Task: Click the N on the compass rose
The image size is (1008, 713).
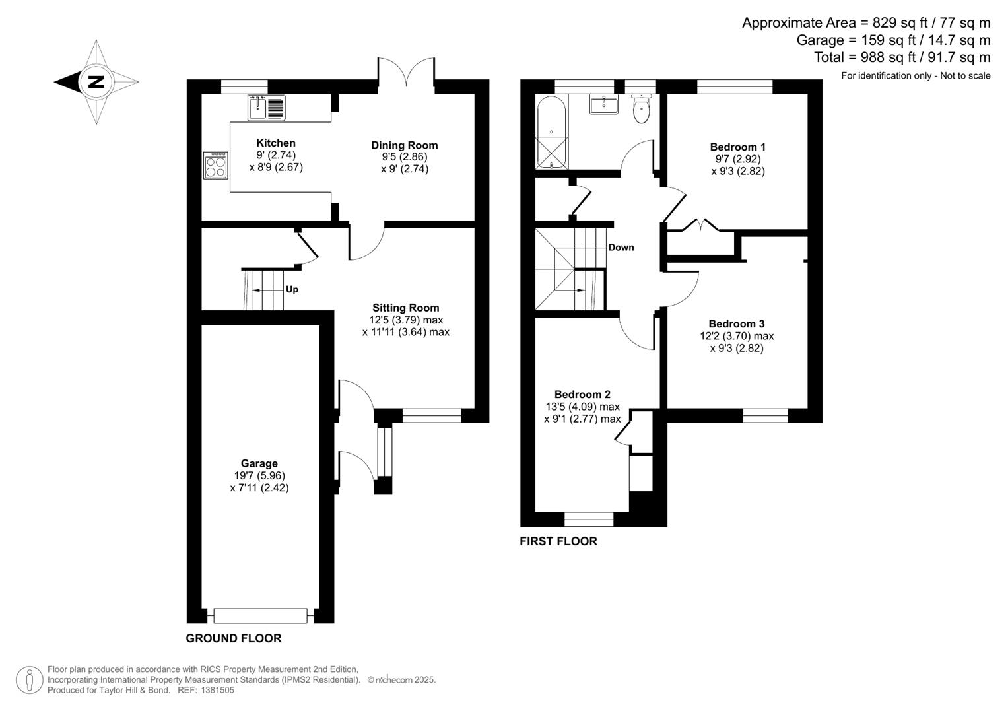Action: (x=96, y=82)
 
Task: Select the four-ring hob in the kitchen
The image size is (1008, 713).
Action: (x=216, y=165)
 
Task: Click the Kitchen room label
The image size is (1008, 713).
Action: (x=276, y=143)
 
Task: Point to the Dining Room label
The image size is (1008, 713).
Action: (x=404, y=145)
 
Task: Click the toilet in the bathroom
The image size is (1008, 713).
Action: (x=641, y=109)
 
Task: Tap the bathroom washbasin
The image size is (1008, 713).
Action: (x=603, y=104)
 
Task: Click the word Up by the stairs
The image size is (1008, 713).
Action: (x=292, y=289)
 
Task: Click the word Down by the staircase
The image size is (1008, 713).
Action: (x=621, y=247)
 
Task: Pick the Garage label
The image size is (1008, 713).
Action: (x=259, y=463)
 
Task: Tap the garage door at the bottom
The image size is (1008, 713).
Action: (x=261, y=616)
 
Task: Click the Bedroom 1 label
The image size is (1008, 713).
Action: (x=737, y=147)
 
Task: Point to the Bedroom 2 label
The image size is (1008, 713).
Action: (x=582, y=394)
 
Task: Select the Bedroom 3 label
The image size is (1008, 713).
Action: (x=737, y=323)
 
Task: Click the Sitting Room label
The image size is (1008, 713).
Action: (x=405, y=308)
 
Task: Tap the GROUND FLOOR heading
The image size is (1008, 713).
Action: (x=234, y=638)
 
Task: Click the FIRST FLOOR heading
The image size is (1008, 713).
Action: (x=558, y=541)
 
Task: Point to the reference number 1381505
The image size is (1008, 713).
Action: (x=217, y=690)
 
